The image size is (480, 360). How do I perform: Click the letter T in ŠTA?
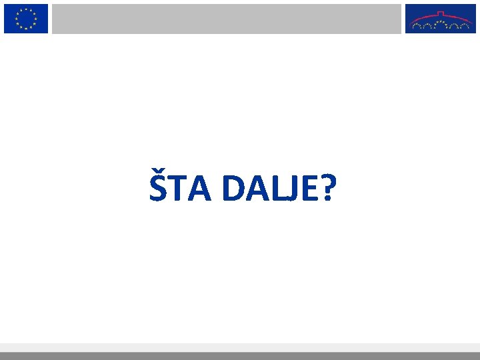click(177, 189)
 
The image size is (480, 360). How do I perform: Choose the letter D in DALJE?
click(234, 189)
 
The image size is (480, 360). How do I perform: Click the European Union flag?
click(26, 18)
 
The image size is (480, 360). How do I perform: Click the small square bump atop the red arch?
click(440, 12)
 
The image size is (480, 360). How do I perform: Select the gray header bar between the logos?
click(227, 18)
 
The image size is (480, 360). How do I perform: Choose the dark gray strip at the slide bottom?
click(240, 356)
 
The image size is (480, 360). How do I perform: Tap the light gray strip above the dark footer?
click(240, 347)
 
